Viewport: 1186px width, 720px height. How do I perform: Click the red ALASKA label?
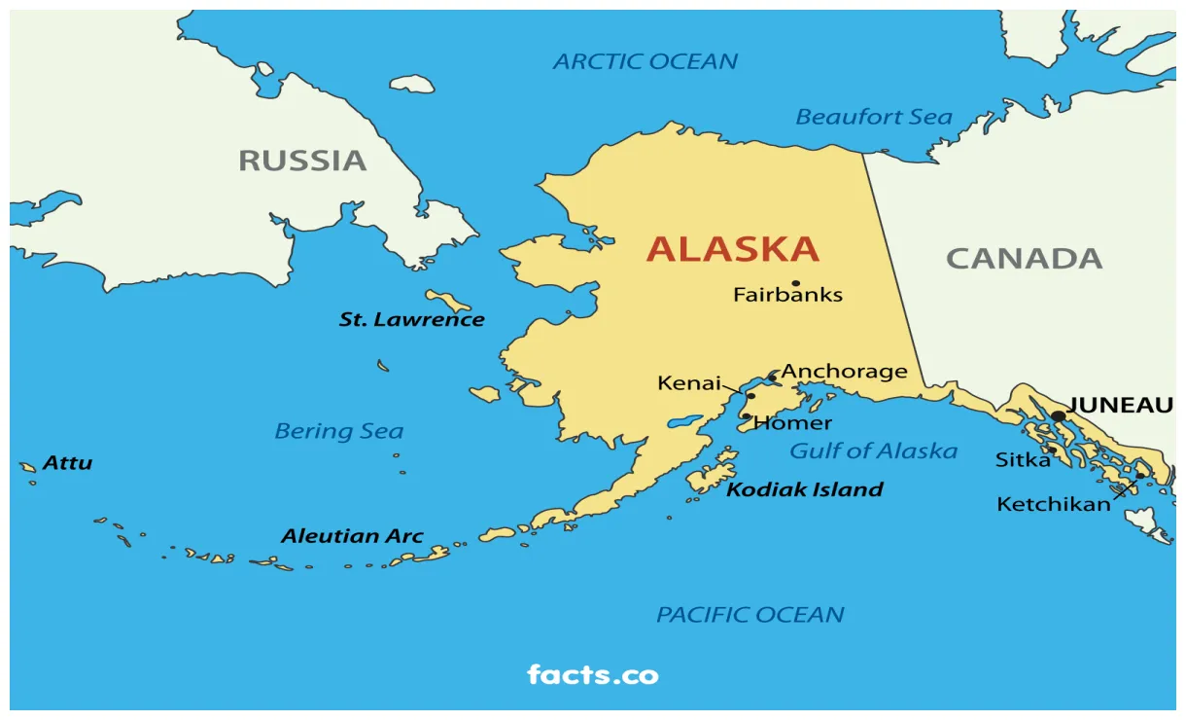tap(732, 250)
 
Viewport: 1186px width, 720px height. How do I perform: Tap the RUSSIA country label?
tap(302, 161)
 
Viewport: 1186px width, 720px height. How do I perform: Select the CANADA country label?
tap(1024, 259)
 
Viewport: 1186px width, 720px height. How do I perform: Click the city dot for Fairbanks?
tap(795, 283)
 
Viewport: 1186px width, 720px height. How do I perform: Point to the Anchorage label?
tap(844, 372)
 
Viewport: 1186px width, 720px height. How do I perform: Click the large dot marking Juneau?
tap(1059, 416)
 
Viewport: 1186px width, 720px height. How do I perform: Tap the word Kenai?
tap(688, 383)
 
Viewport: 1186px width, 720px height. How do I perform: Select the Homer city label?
tap(792, 423)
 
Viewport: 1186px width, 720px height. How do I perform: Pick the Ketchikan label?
tap(1053, 505)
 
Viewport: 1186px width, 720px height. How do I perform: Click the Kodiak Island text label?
tap(805, 489)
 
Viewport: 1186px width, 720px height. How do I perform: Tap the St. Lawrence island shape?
tap(448, 300)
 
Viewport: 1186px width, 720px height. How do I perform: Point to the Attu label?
tap(67, 463)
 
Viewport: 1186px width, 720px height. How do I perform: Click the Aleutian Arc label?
tap(352, 536)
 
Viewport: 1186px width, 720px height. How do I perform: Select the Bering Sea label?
tap(338, 431)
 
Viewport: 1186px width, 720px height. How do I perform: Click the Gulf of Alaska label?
tap(873, 451)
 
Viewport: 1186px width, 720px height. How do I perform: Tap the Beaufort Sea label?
tap(873, 118)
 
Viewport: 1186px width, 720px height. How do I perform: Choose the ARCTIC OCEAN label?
tap(645, 62)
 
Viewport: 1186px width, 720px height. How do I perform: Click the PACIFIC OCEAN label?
tap(750, 615)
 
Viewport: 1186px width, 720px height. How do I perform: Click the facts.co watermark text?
tap(592, 674)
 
